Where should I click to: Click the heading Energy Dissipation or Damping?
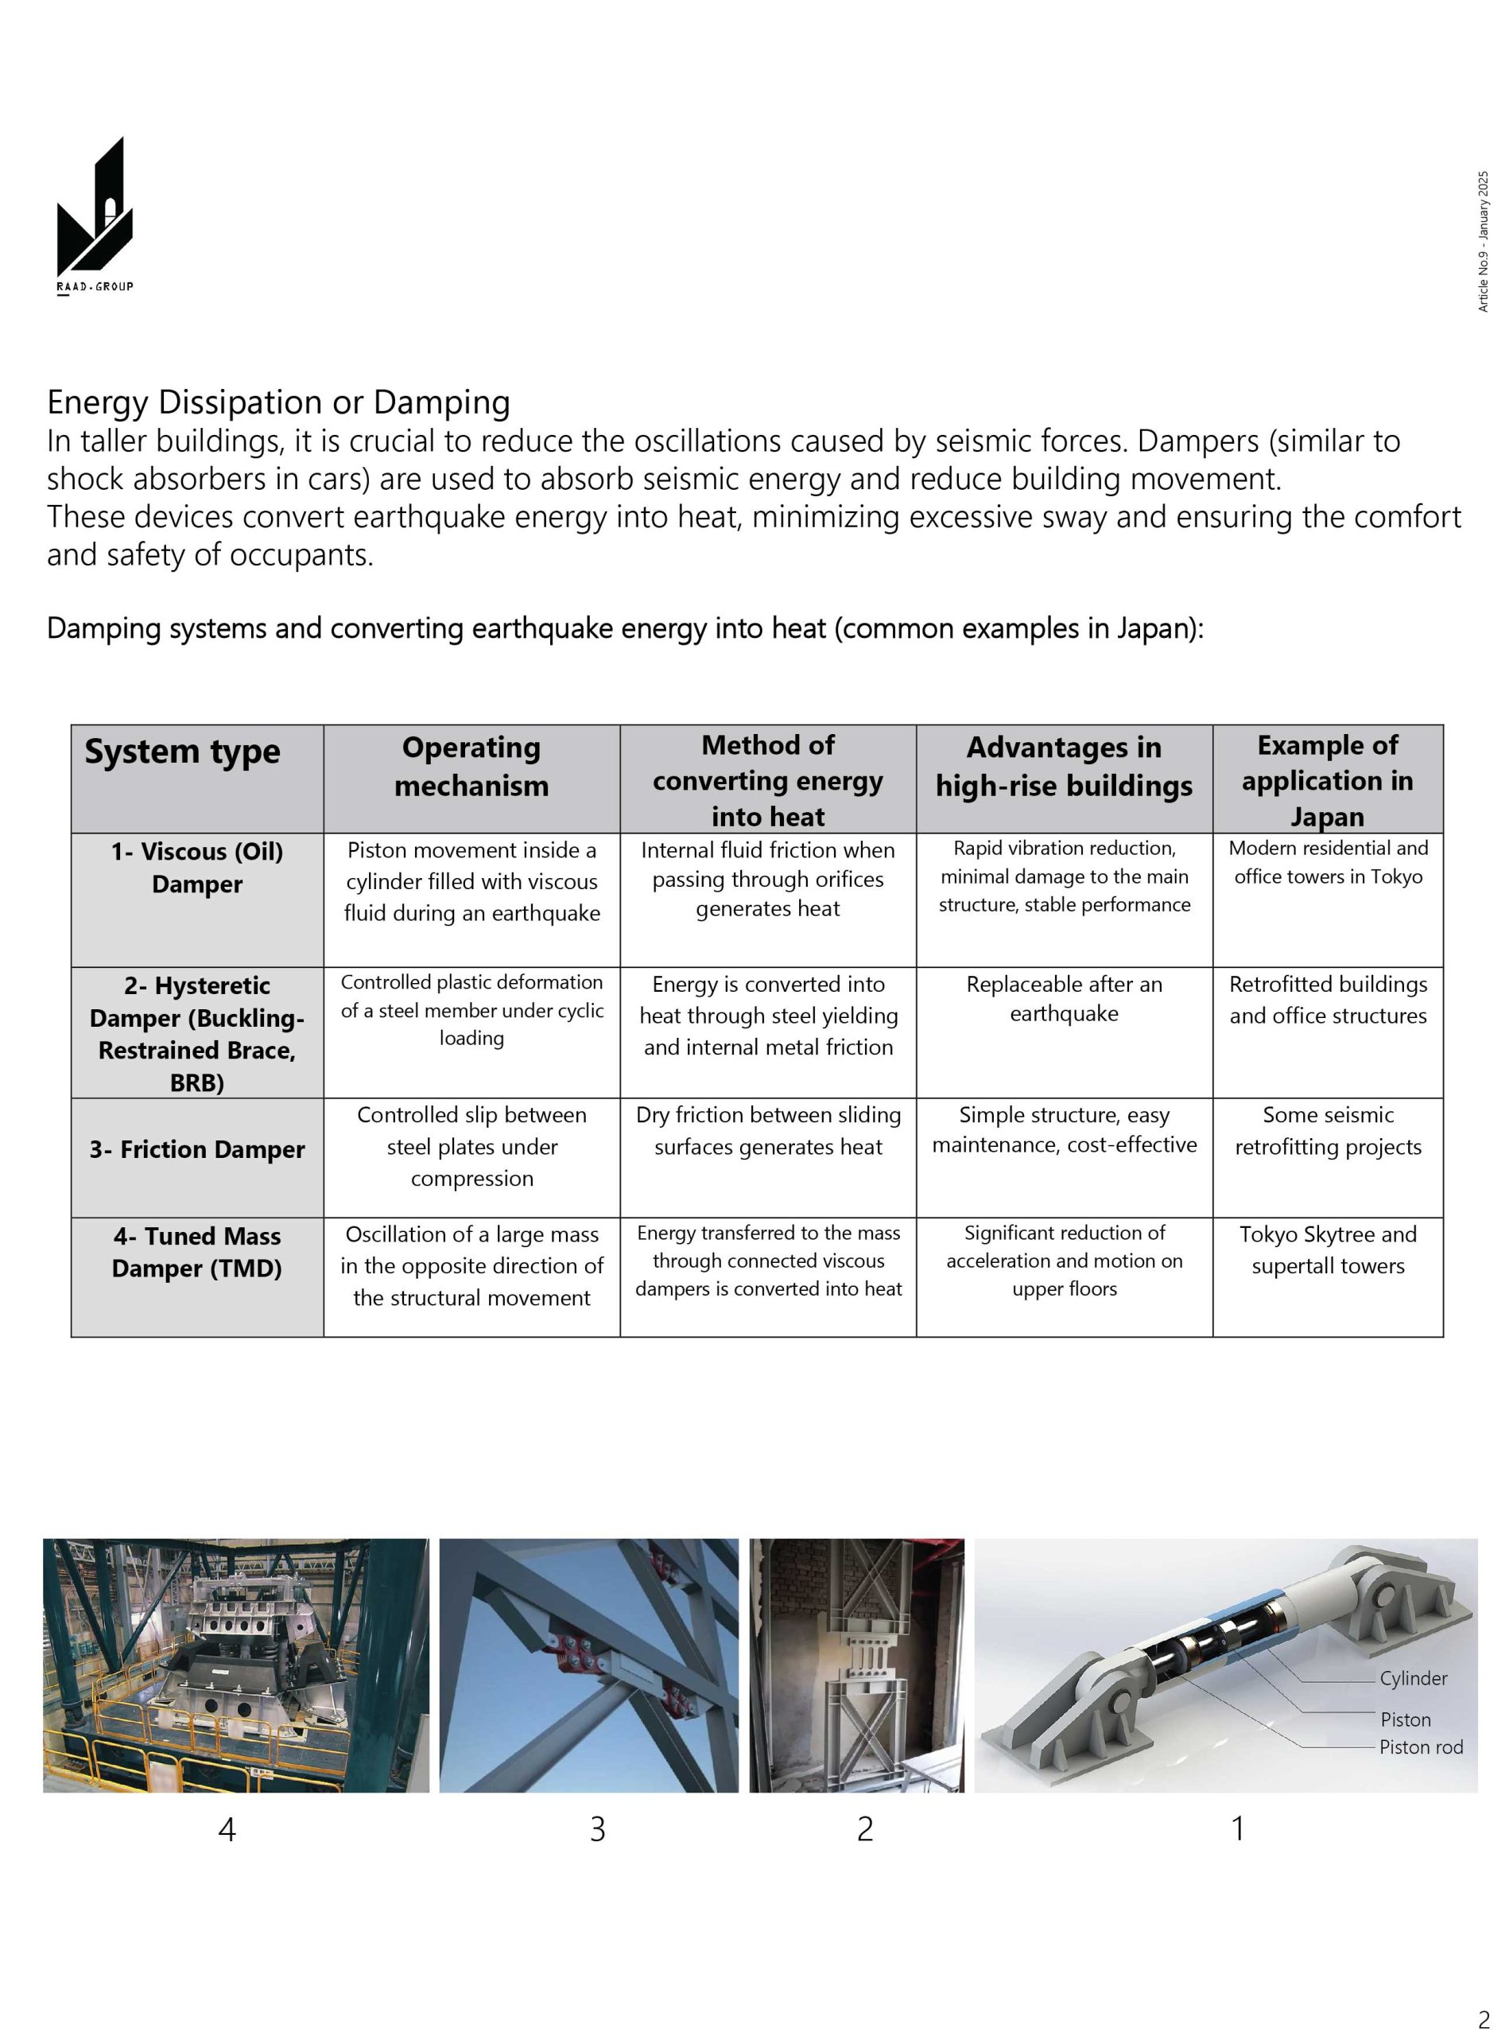coord(278,402)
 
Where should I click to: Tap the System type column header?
coord(183,751)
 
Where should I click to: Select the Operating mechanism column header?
coord(471,766)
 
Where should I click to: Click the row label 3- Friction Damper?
coord(196,1149)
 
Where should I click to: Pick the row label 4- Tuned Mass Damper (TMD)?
coord(196,1252)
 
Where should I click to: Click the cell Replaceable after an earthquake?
coord(1064,999)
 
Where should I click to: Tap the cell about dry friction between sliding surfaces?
coord(768,1131)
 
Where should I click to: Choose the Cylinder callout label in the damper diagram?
coord(1413,1679)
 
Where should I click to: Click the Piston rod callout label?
coord(1421,1747)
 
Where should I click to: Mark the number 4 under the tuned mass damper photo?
coord(227,1828)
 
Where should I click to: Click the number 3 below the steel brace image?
coord(597,1828)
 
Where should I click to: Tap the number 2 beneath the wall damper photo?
coord(864,1828)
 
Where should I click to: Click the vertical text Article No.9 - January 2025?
coord(1483,241)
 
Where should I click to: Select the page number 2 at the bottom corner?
coord(1484,2018)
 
